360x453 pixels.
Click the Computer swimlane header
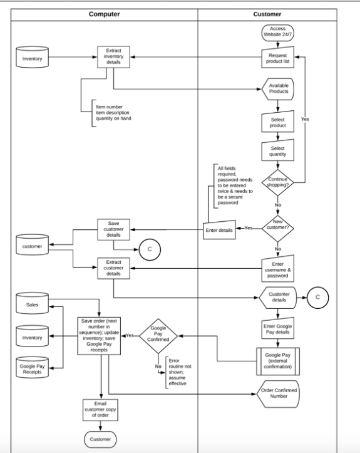tap(105, 14)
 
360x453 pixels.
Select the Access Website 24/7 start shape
tap(277, 32)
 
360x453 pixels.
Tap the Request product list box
tap(277, 58)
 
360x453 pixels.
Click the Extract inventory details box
tap(113, 58)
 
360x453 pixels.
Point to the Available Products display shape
tap(278, 88)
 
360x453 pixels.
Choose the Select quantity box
tap(277, 152)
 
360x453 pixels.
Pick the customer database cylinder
tap(32, 246)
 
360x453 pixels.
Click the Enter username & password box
tap(277, 268)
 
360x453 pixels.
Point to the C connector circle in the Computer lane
tap(149, 249)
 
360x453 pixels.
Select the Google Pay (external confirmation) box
tap(278, 362)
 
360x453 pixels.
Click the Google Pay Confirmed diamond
tap(158, 336)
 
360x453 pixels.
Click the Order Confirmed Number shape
tap(278, 393)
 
